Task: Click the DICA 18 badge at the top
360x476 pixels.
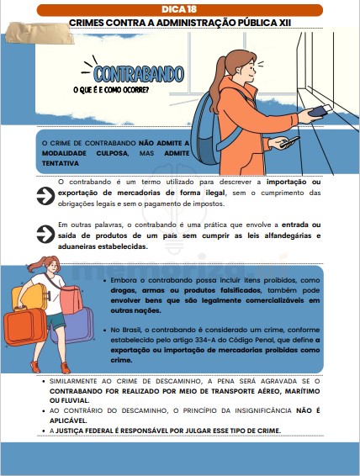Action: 179,8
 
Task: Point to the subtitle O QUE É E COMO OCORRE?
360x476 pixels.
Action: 111,91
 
